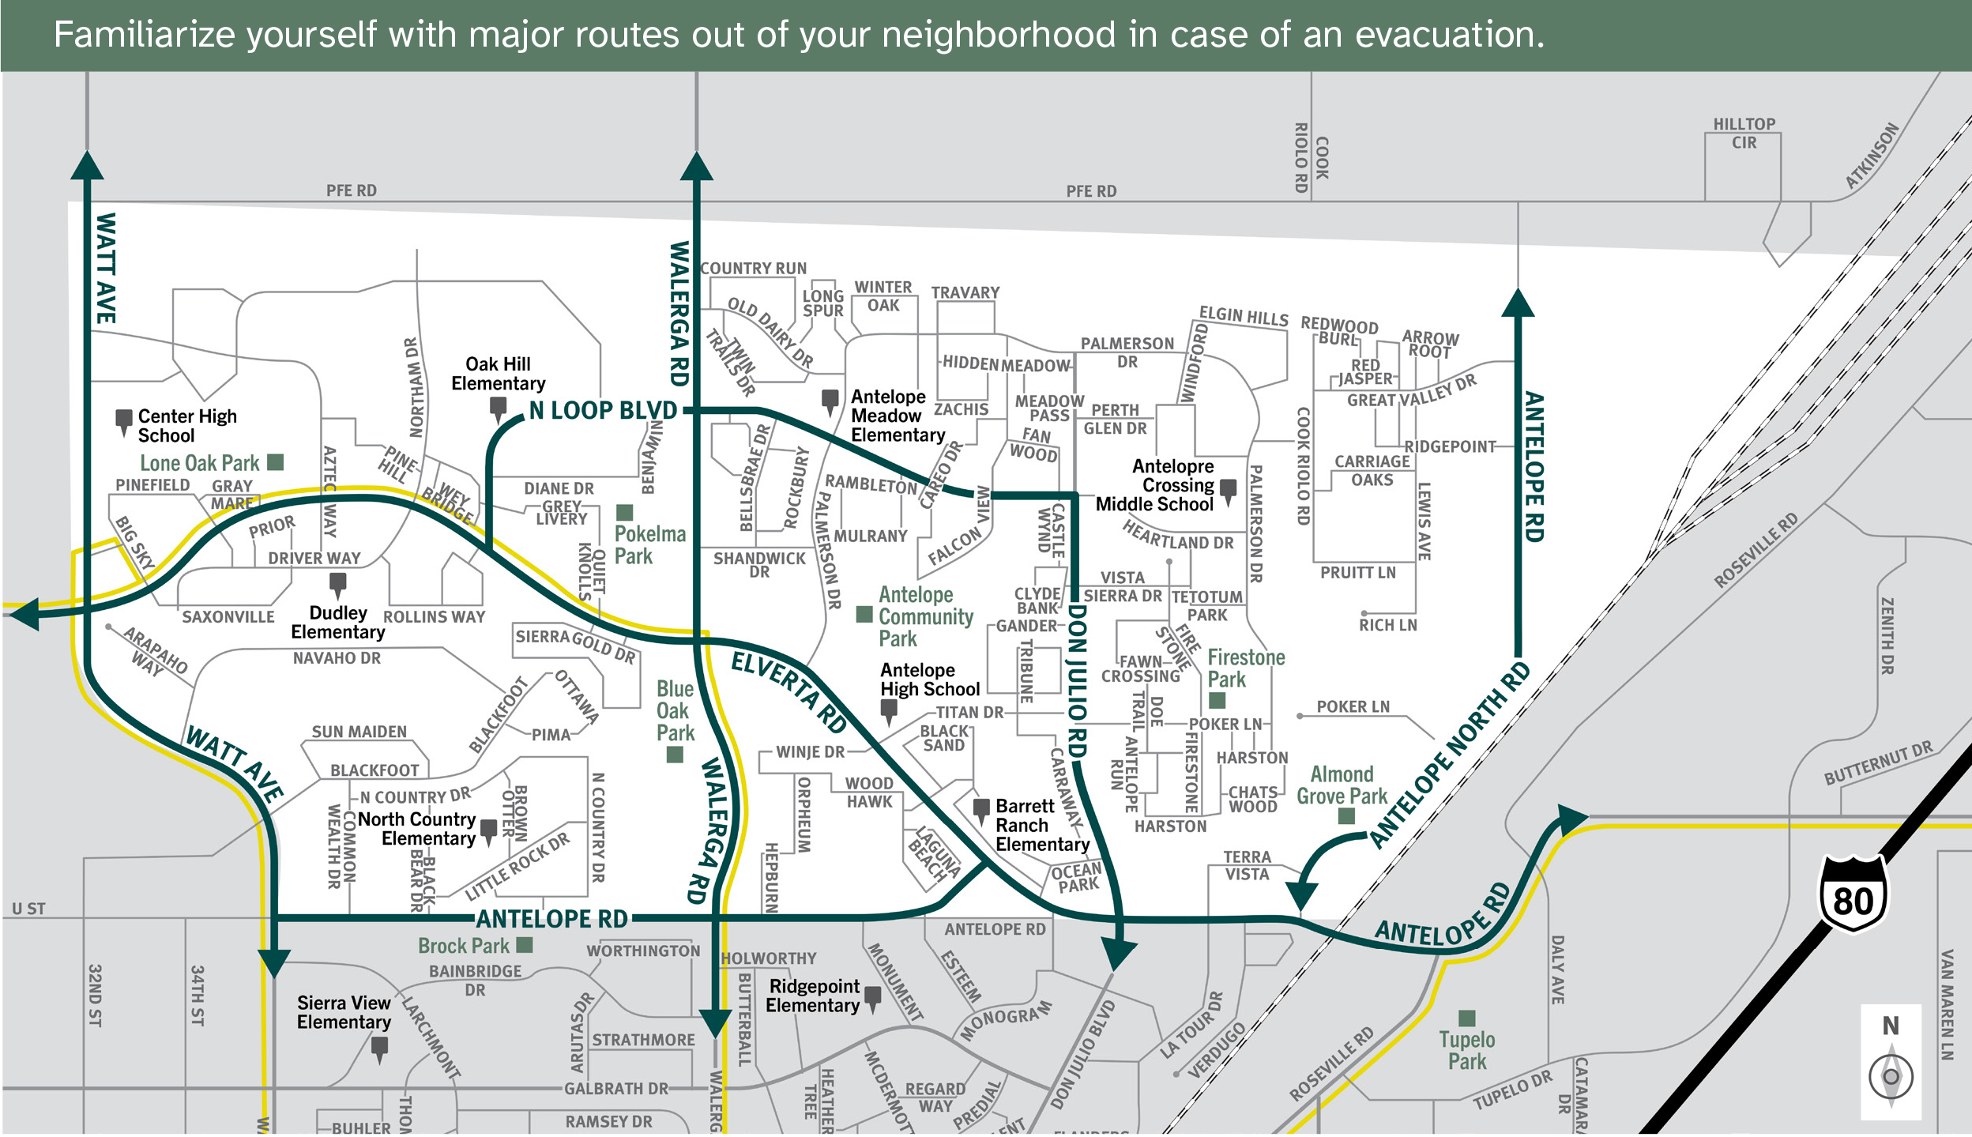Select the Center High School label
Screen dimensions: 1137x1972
click(x=186, y=426)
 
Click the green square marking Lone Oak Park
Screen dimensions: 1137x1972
click(x=275, y=462)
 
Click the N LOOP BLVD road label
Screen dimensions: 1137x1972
click(x=603, y=411)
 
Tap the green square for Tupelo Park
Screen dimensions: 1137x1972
click(x=1467, y=1018)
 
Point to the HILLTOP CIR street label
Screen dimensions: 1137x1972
click(x=1744, y=134)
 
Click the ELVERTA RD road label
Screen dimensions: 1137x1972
click(x=789, y=693)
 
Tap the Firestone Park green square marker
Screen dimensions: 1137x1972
click(x=1217, y=700)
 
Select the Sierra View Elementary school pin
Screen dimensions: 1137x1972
click(x=379, y=1049)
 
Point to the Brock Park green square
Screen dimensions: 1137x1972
click(x=525, y=945)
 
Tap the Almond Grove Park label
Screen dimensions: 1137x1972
click(x=1342, y=785)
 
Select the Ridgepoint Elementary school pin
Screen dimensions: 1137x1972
click(x=873, y=998)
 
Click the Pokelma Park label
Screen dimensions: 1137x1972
click(x=649, y=545)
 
